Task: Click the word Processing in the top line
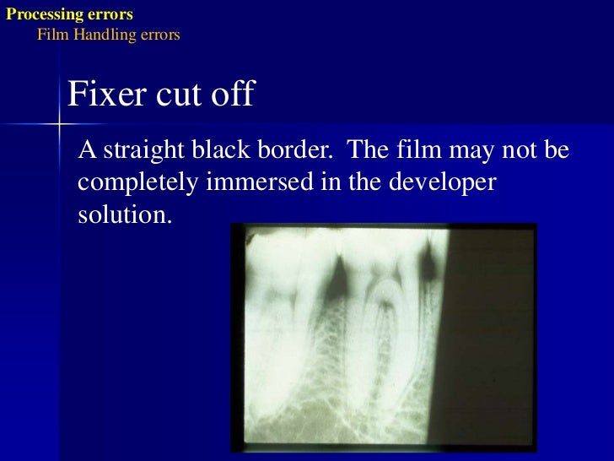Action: click(x=39, y=14)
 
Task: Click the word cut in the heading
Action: click(x=173, y=95)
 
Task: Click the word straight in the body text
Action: click(x=137, y=152)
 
